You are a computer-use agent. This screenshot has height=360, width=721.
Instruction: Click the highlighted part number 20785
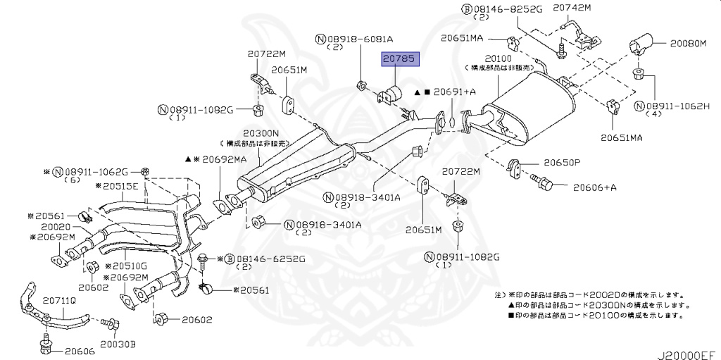(400, 59)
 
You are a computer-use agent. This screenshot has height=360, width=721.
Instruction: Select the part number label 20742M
(572, 8)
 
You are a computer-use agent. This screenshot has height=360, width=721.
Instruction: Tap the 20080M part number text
(687, 44)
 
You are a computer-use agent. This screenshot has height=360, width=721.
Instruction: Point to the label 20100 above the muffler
(498, 58)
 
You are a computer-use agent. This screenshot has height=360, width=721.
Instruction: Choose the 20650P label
(563, 163)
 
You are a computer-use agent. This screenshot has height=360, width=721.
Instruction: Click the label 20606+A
(594, 187)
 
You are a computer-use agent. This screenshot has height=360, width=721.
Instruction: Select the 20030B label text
(118, 344)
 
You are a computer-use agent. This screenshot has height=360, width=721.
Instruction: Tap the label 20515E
(117, 187)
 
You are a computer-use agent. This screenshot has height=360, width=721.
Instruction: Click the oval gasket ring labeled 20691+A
(453, 122)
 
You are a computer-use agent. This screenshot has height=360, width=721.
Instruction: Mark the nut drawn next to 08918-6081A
(362, 85)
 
